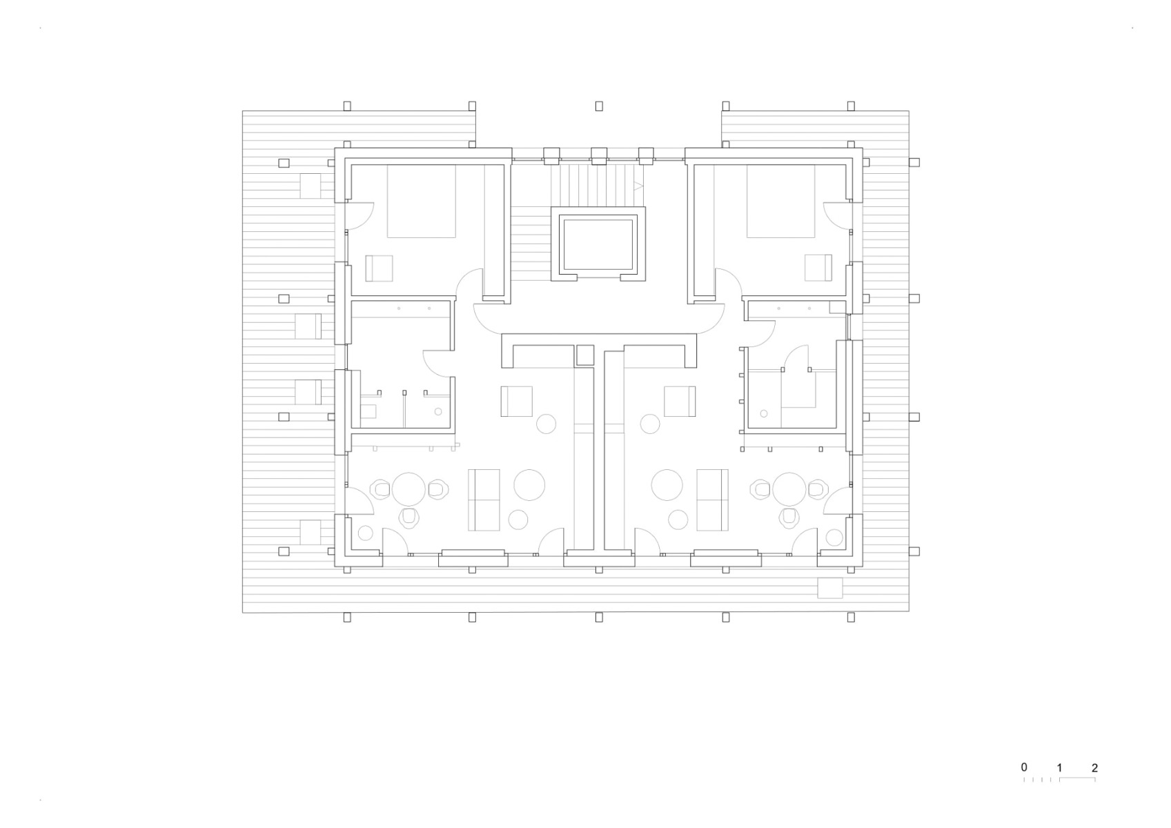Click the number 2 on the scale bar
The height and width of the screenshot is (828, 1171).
(1094, 767)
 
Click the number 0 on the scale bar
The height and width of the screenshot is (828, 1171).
(1024, 767)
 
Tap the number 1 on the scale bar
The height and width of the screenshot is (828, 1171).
(1059, 767)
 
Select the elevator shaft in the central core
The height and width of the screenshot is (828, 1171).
(598, 245)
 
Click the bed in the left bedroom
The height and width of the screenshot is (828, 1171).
(421, 201)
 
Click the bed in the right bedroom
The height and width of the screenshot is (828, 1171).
(780, 201)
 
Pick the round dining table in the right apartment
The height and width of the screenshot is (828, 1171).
(789, 489)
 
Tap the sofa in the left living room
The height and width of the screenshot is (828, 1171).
(484, 500)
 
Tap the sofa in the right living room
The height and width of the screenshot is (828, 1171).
(713, 500)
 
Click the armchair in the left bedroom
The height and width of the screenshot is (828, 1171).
(378, 268)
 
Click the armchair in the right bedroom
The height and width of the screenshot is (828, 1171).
(818, 268)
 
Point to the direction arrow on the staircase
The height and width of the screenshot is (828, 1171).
(638, 186)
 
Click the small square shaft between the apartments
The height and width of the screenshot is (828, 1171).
(584, 355)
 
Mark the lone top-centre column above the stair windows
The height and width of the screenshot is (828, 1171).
(599, 106)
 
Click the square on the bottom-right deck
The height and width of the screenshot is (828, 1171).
(829, 589)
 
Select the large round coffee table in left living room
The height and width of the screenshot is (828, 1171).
(529, 485)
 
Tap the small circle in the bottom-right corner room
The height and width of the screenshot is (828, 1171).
(834, 538)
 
